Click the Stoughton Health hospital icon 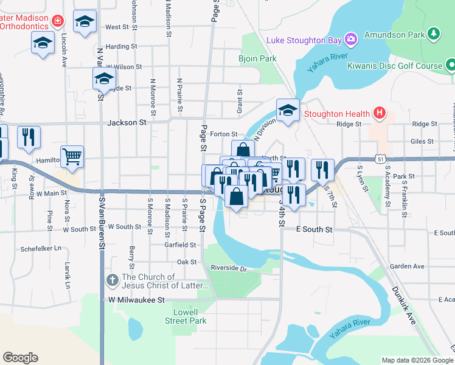380,113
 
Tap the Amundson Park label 394,35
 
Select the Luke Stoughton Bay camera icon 350,41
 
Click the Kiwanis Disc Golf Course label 394,65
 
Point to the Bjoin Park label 259,59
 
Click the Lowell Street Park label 189,316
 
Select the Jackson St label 127,122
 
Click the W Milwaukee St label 137,300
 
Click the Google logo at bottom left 20,357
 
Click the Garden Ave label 407,266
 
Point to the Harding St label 120,46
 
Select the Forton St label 223,134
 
